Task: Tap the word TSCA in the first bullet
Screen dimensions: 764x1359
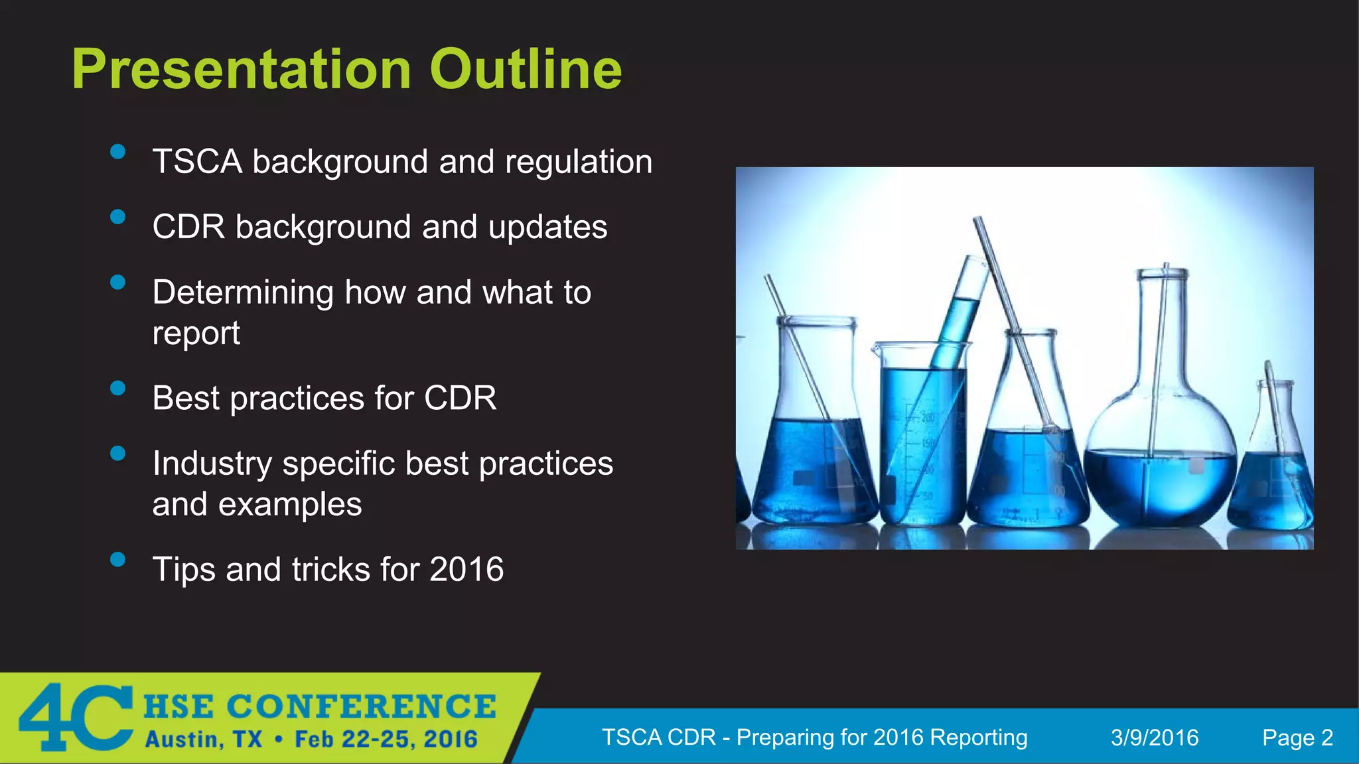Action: coord(197,162)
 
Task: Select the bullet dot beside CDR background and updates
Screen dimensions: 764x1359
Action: coord(118,217)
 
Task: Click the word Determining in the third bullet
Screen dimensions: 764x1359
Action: coord(243,292)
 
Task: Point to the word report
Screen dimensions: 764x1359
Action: coord(196,334)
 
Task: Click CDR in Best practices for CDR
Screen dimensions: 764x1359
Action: coord(460,398)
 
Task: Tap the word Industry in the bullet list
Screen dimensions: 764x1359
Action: coord(212,464)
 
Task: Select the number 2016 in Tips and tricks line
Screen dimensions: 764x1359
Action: coord(466,570)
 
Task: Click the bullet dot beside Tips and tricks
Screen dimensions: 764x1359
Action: coord(118,559)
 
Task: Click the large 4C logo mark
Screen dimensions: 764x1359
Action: coord(74,718)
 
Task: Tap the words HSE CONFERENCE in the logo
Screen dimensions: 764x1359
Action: coord(320,706)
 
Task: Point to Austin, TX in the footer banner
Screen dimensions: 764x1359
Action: coord(204,739)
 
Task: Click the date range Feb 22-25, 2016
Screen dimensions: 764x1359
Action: coord(386,739)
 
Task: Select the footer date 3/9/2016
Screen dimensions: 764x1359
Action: coord(1155,737)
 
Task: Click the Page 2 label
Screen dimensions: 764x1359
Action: coord(1297,737)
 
